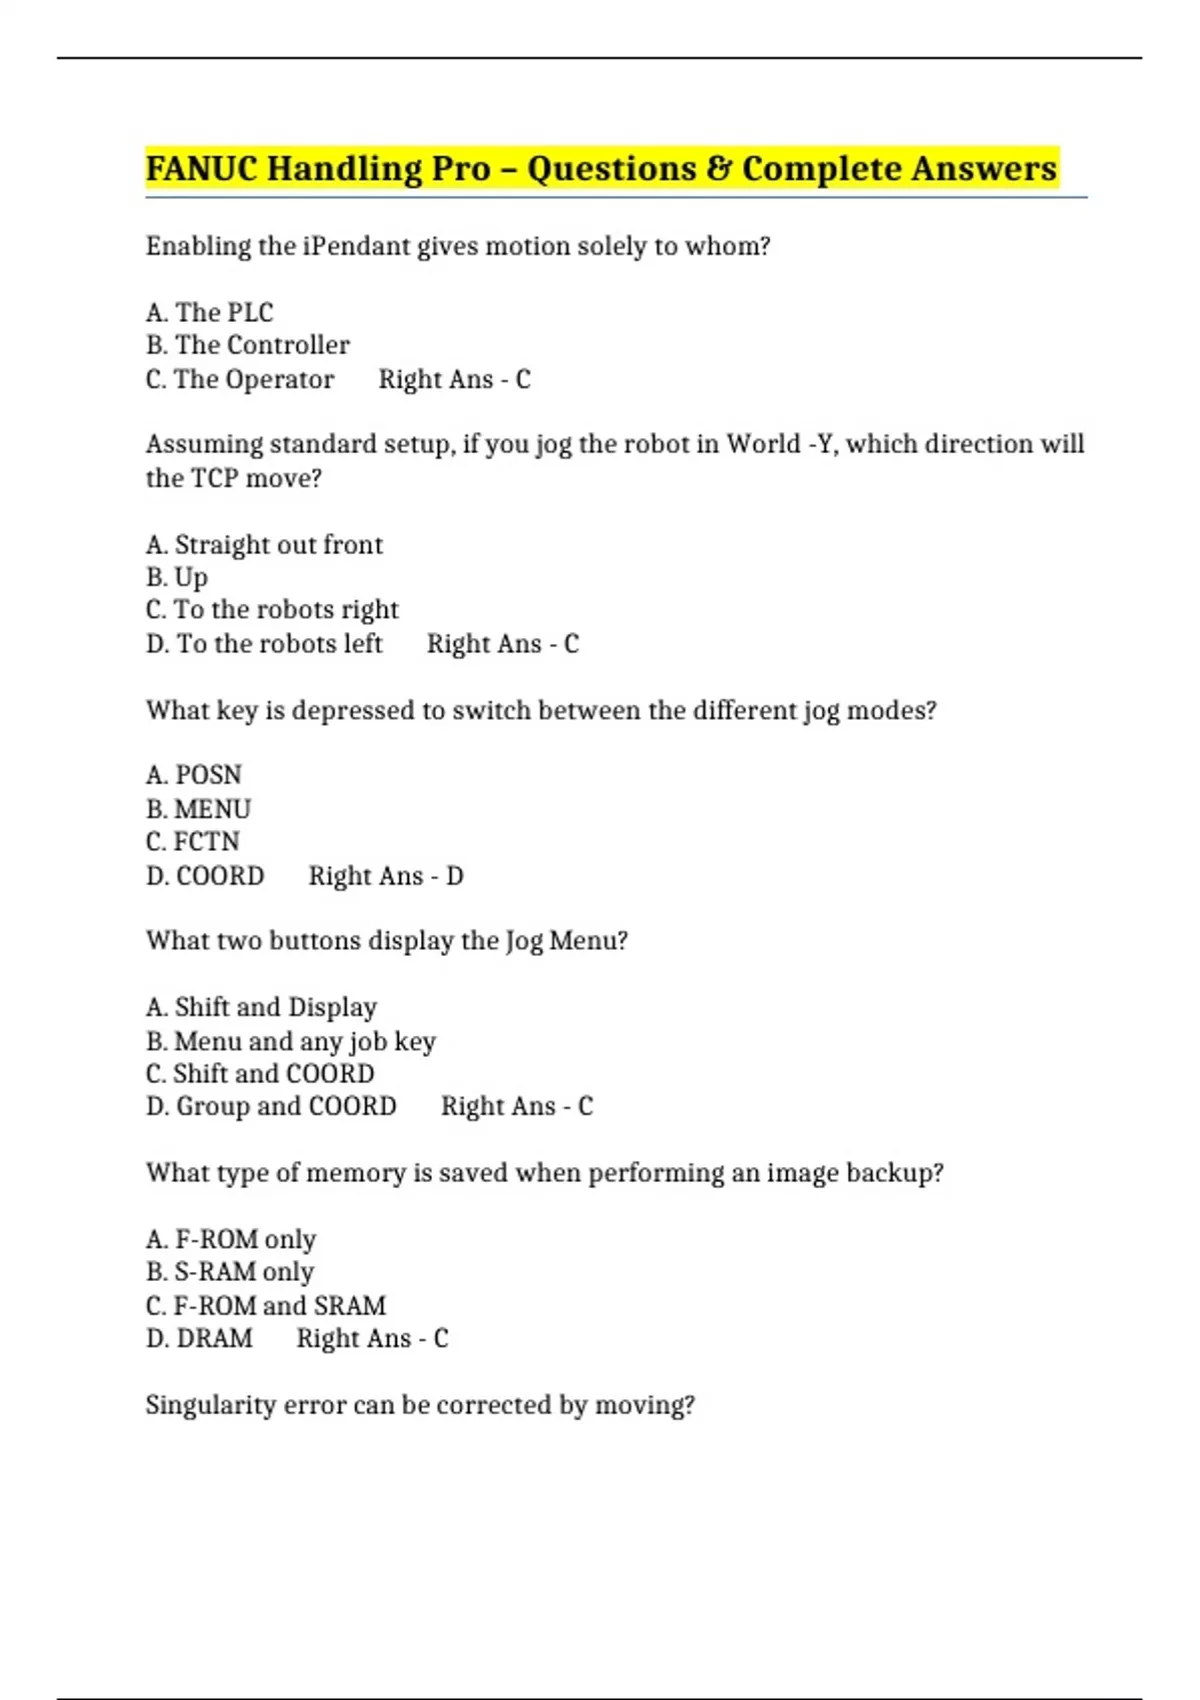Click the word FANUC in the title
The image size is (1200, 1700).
pos(202,168)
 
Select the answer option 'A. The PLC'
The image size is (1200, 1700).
pos(209,313)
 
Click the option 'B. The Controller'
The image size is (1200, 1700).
pos(247,345)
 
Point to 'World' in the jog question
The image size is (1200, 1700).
pos(763,444)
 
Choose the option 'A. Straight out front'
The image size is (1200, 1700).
pos(264,545)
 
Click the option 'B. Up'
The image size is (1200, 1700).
pos(177,578)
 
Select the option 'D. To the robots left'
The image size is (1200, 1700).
pos(264,643)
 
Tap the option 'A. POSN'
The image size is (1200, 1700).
pos(194,775)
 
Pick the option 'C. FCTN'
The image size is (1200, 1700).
pos(193,841)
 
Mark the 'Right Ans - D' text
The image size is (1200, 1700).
pos(386,876)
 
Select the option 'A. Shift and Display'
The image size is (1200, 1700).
pos(261,1007)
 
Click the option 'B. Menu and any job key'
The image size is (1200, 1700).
pos(290,1041)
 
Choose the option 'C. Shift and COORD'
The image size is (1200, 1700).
pos(260,1074)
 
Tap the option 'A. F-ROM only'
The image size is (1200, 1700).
pos(230,1240)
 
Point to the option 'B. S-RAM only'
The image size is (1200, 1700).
pos(230,1272)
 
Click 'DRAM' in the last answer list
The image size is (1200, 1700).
pos(214,1338)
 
